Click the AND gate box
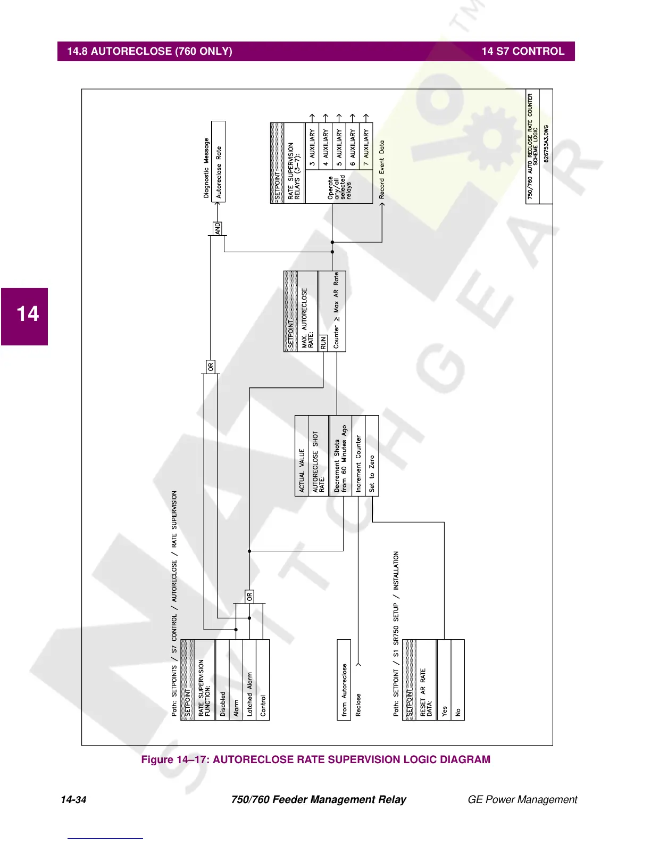[x=218, y=228]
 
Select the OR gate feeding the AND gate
[x=211, y=367]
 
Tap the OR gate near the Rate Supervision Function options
[x=249, y=597]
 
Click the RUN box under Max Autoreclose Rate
[x=323, y=343]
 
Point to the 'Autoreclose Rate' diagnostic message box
[x=219, y=162]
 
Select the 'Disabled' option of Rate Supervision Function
[x=222, y=680]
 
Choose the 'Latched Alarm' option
[x=249, y=680]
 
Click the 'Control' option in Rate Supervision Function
[x=263, y=680]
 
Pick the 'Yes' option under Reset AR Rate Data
[x=444, y=680]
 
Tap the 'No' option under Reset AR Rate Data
[x=458, y=680]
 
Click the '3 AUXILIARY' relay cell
[x=312, y=146]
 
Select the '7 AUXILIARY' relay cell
[x=366, y=146]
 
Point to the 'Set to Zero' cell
[x=372, y=457]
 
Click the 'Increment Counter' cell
[x=358, y=457]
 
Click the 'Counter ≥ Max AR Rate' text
[x=336, y=311]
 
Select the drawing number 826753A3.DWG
[x=546, y=145]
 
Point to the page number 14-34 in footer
[x=73, y=799]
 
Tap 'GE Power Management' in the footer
[x=522, y=799]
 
